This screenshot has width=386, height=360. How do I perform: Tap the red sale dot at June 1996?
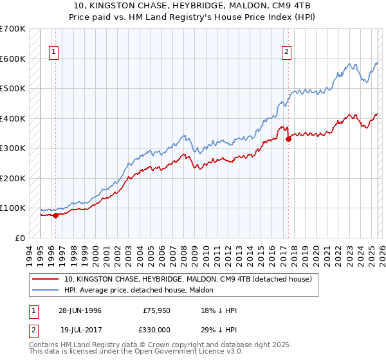55,215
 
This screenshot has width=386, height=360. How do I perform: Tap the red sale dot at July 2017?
288,139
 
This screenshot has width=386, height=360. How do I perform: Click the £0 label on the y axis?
20,238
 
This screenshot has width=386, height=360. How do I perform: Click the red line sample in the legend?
46,279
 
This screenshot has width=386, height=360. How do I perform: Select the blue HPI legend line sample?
46,290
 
